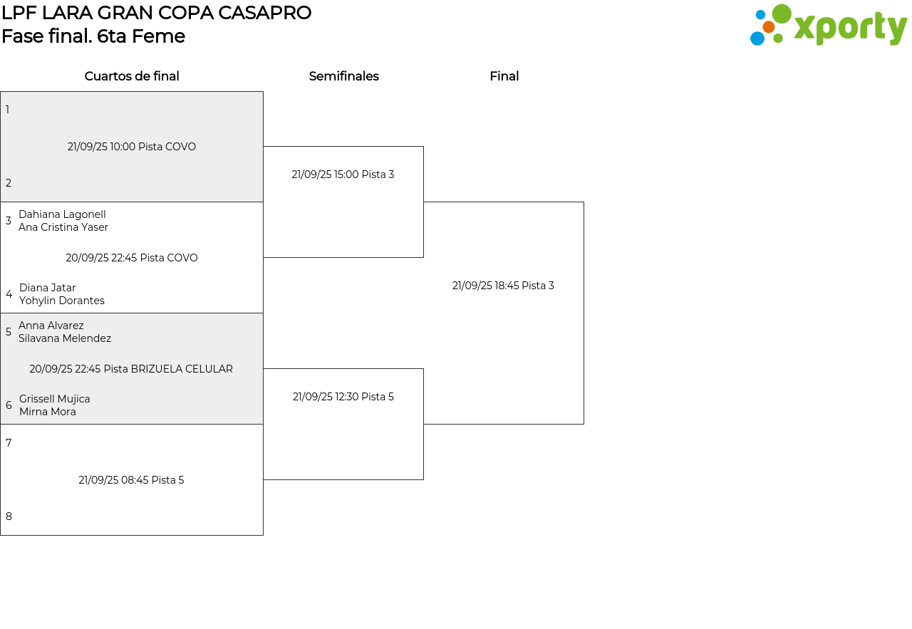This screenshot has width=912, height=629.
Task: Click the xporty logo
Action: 828,26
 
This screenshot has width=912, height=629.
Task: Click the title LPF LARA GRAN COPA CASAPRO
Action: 156,13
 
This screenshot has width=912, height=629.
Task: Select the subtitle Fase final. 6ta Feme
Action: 93,36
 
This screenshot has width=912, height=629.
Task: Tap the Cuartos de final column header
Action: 132,76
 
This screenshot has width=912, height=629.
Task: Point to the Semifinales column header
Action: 343,76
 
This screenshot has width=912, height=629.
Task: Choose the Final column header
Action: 504,76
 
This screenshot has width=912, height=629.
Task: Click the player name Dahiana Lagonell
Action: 62,214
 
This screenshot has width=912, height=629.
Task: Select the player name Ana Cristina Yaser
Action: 63,227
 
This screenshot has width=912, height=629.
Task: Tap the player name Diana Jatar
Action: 47,288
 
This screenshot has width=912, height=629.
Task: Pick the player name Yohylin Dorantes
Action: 62,301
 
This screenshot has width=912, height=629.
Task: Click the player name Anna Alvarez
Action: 51,326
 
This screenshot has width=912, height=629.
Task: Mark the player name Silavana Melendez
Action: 65,338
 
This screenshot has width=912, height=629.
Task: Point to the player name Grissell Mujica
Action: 55,399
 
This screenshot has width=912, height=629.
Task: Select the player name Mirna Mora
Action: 48,412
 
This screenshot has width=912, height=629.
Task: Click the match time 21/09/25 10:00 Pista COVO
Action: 132,147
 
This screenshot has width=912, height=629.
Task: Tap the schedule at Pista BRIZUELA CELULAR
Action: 131,369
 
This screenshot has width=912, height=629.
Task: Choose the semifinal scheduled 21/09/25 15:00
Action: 343,175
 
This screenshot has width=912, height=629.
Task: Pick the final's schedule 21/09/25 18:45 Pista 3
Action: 503,286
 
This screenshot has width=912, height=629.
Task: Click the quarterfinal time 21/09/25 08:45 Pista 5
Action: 131,480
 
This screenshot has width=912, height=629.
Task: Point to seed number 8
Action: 9,516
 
